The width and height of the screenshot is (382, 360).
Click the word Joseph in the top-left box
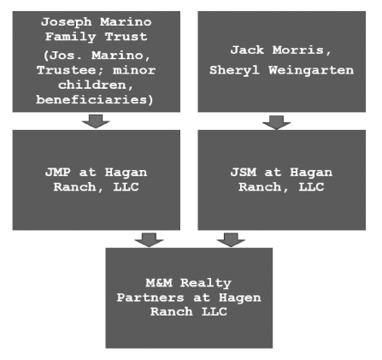click(67, 22)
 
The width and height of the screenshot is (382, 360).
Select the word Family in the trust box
click(71, 37)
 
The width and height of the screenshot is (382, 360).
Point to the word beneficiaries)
click(95, 100)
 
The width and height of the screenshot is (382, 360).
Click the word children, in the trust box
click(96, 85)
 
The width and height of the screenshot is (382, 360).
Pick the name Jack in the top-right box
click(247, 50)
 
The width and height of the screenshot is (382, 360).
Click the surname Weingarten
click(311, 70)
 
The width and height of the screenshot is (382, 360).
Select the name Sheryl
click(234, 70)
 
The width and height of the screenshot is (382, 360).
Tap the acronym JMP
click(58, 173)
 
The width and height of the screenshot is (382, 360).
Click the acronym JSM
click(244, 173)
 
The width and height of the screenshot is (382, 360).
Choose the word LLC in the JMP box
click(126, 187)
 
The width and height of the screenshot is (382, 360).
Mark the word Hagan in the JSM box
click(311, 173)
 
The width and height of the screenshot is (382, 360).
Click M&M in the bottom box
click(159, 283)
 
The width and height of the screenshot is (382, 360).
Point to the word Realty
click(206, 283)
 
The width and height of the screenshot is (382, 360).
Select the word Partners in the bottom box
click(150, 298)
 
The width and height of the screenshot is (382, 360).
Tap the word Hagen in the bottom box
click(239, 298)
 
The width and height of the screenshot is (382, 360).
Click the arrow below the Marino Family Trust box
click(96, 121)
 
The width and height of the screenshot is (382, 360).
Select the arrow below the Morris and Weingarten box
click(277, 122)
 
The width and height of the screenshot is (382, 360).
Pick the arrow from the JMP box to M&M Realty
click(149, 240)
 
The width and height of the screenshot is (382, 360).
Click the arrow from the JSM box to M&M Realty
click(231, 240)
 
